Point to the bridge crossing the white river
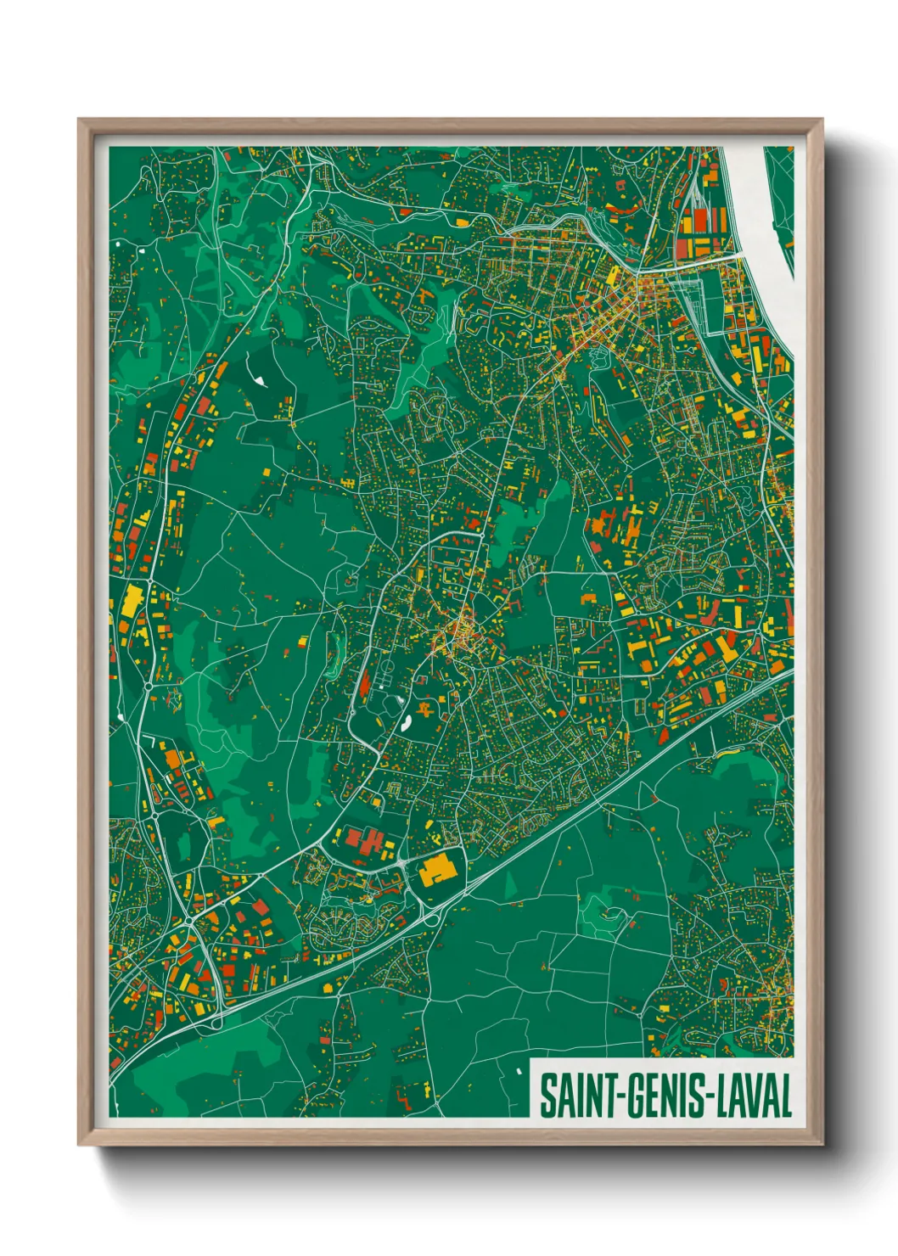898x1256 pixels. tap(709, 261)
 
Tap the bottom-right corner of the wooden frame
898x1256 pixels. tap(822, 1144)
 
